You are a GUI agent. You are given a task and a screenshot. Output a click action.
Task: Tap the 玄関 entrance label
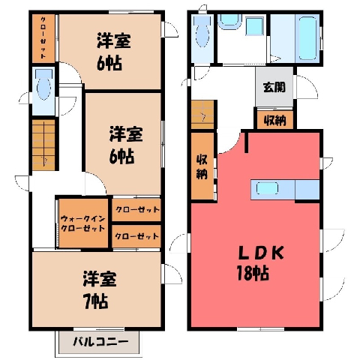point(274,87)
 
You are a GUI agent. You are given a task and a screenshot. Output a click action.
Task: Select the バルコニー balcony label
point(100,342)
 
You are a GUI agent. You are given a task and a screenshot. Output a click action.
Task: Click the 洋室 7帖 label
point(100,290)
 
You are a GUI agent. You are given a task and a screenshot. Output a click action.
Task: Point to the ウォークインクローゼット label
point(82,223)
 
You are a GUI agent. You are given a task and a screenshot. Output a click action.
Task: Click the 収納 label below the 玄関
point(275,121)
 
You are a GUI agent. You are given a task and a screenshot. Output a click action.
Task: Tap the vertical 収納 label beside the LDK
point(202,166)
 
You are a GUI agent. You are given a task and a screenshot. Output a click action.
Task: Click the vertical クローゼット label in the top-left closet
point(43,37)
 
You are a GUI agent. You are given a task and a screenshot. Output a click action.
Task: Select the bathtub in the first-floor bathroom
point(307,38)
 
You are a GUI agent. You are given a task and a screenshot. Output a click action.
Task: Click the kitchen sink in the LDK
point(267,188)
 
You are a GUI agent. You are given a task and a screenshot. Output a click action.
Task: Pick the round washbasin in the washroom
point(229,21)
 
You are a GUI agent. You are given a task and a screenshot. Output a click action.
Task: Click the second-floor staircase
point(43,145)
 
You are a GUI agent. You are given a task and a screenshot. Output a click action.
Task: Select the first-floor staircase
point(202,115)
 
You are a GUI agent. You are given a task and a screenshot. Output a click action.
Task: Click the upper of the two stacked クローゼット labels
point(137,209)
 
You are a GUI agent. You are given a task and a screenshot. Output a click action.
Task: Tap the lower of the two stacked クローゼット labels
point(137,236)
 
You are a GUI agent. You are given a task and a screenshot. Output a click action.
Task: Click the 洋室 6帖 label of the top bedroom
point(113,51)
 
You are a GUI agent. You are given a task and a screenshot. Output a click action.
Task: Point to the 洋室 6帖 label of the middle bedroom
point(125,145)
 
